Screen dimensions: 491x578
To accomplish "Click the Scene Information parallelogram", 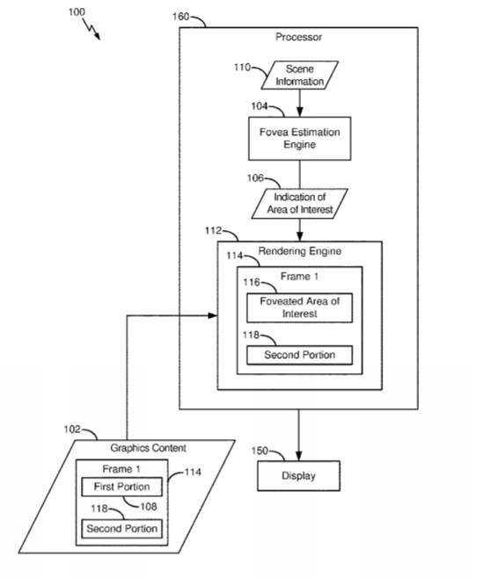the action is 300,76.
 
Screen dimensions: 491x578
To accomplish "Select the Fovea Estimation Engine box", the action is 300,139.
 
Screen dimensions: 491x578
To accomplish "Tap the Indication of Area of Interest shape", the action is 300,204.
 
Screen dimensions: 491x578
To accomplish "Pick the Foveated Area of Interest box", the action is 300,307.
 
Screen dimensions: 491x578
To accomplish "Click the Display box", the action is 298,475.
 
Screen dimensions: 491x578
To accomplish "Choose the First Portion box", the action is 121,487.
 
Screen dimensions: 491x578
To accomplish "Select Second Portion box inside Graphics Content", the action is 121,529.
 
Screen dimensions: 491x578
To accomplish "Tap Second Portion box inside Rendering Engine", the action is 300,355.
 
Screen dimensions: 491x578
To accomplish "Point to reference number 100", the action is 77,12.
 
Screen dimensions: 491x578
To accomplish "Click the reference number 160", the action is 180,17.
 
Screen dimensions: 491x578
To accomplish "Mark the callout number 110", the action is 242,67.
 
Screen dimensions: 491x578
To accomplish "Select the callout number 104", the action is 260,106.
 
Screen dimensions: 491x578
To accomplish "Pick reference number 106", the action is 255,178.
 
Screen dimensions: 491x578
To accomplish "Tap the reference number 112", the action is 213,230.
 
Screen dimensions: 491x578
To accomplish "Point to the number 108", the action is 149,507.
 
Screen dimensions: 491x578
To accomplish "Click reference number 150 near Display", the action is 260,451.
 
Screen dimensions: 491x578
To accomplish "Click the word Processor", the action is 298,37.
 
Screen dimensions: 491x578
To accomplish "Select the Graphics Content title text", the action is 149,448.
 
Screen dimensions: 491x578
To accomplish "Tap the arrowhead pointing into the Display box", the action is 298,456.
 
